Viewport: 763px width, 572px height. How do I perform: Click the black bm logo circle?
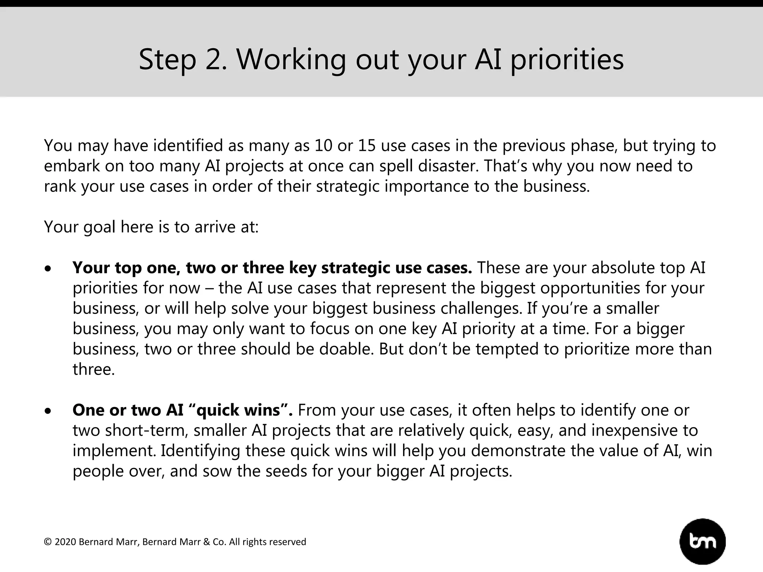coord(703,541)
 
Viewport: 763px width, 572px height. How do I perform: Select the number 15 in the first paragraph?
coord(367,146)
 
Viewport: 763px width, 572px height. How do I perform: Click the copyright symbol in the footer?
coord(48,542)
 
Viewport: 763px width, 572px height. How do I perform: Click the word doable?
coord(346,349)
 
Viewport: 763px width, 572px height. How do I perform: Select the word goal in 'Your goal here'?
coord(99,227)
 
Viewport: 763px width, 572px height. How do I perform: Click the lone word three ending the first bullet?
coord(93,369)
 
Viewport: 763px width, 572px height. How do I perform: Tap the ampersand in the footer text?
coord(207,542)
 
